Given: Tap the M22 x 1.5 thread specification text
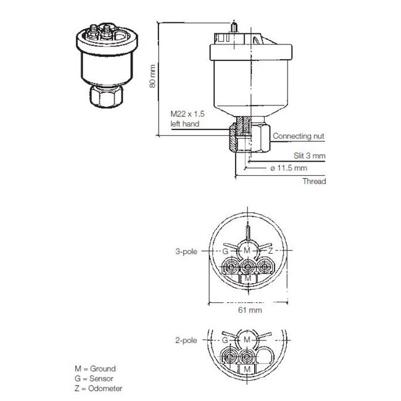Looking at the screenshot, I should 187,114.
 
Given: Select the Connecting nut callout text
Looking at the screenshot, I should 299,136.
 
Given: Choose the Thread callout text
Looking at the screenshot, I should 313,181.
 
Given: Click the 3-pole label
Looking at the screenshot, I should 187,252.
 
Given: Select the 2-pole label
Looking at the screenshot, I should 187,340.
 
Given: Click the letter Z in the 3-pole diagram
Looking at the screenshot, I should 270,252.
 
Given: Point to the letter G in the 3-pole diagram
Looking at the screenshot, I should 226,252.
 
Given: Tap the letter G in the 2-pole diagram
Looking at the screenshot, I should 226,340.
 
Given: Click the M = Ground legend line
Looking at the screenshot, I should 94,368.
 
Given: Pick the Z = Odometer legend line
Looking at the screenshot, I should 97,388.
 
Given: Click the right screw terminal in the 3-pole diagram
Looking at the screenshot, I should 265,267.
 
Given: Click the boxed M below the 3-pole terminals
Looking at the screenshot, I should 248,279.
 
